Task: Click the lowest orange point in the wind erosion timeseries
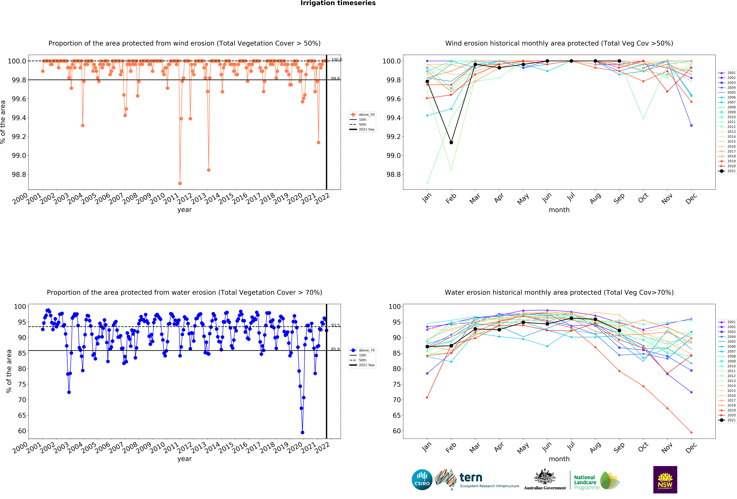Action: pos(180,183)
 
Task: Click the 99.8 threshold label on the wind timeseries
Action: pos(335,78)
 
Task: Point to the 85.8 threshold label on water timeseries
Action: pos(335,349)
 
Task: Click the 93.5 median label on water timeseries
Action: pos(335,325)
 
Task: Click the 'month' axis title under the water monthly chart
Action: pos(559,459)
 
